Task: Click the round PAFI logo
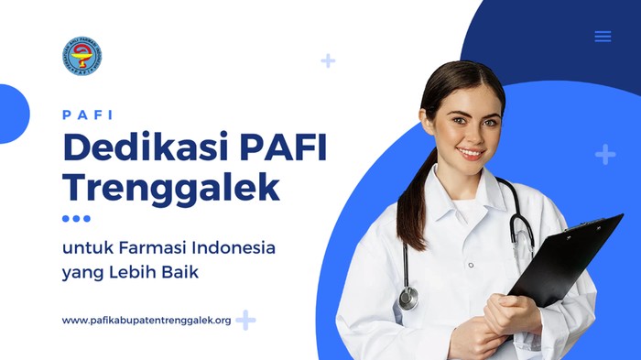(x=81, y=56)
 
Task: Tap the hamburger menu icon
(x=603, y=37)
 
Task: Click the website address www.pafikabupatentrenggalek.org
(x=147, y=321)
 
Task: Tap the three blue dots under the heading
(x=76, y=219)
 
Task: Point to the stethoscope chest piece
(x=408, y=298)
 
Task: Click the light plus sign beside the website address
(x=245, y=321)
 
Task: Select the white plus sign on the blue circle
(x=605, y=154)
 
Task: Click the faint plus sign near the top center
(x=328, y=61)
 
